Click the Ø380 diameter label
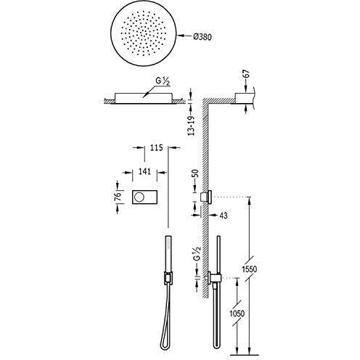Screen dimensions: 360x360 202,36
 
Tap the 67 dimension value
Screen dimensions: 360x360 245,74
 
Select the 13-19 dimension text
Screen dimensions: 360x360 192,126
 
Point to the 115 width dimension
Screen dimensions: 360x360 156,147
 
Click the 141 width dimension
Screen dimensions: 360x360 144,171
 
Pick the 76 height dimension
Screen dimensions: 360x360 118,196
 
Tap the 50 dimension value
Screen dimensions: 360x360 195,173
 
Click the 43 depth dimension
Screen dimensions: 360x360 223,216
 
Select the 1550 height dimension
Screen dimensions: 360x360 250,269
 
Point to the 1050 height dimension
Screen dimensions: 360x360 237,314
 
